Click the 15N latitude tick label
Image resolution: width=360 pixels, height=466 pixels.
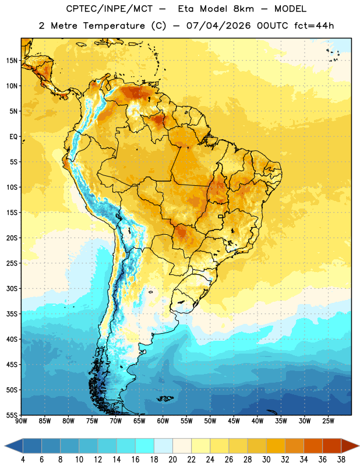tap(12, 61)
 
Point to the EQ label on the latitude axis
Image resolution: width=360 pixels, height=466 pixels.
tap(13, 137)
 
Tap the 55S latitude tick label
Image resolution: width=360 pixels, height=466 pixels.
tap(12, 415)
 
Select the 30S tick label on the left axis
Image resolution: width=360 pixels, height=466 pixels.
tap(12, 288)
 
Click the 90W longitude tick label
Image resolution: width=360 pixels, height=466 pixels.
tap(22, 421)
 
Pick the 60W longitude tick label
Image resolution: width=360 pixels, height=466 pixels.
tap(163, 421)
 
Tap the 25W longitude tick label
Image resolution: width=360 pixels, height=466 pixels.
tap(328, 421)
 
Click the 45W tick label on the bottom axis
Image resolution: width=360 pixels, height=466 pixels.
tap(234, 421)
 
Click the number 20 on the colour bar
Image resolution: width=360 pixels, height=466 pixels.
tap(172, 460)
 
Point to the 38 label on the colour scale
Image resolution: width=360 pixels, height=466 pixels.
tap(341, 460)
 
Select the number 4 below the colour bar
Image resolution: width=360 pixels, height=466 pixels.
tap(23, 460)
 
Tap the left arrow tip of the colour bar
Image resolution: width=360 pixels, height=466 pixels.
tap(5, 446)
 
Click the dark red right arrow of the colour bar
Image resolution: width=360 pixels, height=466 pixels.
tap(350, 446)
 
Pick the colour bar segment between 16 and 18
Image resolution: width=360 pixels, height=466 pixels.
tap(144, 446)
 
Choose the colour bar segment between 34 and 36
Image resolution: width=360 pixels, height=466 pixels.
tap(313, 446)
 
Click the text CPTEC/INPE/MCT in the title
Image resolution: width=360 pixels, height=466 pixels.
tap(110, 9)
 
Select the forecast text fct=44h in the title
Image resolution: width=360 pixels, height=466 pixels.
tap(314, 26)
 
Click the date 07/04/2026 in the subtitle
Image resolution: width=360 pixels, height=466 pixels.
tap(218, 26)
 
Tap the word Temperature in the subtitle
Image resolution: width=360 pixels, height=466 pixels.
tap(114, 26)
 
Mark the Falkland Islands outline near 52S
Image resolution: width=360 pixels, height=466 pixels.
tap(165, 398)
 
